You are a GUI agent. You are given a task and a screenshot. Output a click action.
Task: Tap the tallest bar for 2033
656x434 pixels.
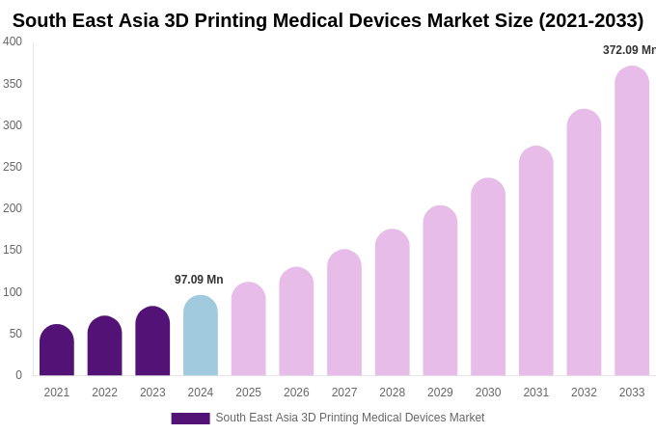pos(632,221)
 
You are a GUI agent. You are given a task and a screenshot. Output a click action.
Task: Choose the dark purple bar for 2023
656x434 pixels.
pos(152,341)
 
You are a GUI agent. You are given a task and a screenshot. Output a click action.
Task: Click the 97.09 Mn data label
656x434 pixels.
pos(199,280)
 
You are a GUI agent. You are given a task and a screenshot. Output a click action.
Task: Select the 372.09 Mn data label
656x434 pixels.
pos(628,50)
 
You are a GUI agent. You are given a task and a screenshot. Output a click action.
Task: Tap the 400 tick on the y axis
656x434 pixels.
pos(13,41)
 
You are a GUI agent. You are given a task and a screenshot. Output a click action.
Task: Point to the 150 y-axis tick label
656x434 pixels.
pos(13,250)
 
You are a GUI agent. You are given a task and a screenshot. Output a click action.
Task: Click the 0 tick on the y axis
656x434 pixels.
pos(18,375)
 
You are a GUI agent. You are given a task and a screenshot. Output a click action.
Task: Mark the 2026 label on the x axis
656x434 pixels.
pos(296,393)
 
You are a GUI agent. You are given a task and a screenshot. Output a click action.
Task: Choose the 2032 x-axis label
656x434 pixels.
pos(584,393)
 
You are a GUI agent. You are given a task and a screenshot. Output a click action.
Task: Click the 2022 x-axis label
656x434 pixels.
pos(104,393)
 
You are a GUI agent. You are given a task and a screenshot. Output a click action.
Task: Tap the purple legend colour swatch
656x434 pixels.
pos(190,419)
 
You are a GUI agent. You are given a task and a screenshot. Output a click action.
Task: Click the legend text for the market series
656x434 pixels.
pos(349,418)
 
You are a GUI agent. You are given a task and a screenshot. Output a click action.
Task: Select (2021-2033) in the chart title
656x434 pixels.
pos(590,20)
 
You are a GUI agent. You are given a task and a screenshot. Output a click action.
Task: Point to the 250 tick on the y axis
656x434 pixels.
pos(13,167)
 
